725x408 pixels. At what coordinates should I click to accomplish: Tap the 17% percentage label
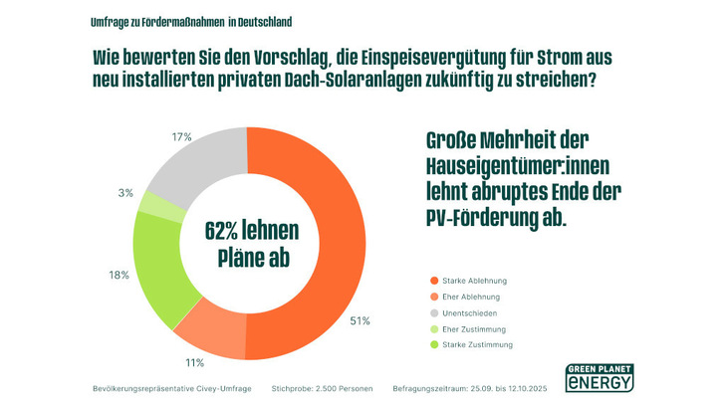point(181,136)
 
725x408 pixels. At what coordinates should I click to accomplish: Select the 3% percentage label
point(125,193)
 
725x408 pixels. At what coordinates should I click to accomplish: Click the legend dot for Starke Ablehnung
point(433,282)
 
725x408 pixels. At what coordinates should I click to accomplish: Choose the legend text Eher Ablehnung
point(471,298)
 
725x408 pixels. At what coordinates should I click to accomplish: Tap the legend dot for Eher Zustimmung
point(433,329)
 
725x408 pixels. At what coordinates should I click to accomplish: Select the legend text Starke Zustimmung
point(477,344)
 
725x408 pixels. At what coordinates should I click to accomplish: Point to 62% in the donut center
point(228,230)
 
